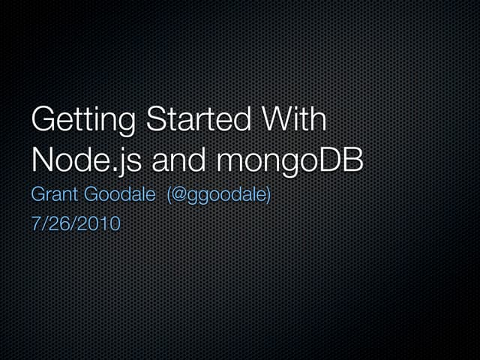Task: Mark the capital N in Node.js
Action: pyautogui.click(x=44, y=160)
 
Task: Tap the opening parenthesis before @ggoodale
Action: pyautogui.click(x=170, y=196)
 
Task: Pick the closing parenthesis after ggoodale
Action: pyautogui.click(x=268, y=196)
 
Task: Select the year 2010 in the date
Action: pyautogui.click(x=100, y=224)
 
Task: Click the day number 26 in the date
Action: pyautogui.click(x=62, y=224)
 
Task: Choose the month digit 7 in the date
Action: pyautogui.click(x=35, y=224)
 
